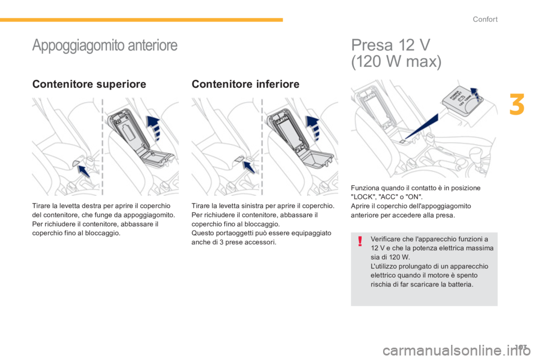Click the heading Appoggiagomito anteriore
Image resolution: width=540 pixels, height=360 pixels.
point(105,46)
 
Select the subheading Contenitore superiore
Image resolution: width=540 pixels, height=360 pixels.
point(89,84)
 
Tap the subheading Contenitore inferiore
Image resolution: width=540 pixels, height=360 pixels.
point(246,84)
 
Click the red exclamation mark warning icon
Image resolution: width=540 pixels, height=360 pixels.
point(360,241)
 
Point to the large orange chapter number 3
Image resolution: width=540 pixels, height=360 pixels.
point(516,105)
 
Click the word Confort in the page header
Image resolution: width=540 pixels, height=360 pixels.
point(485,19)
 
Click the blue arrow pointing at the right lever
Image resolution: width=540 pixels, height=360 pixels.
point(84,171)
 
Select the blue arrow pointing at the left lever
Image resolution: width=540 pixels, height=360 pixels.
point(249,167)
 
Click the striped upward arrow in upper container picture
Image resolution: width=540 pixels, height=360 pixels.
point(154,128)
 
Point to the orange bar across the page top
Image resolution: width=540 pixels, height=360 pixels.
point(142,20)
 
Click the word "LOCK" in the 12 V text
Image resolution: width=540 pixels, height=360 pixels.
point(362,197)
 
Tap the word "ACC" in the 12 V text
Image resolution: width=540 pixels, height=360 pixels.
point(387,197)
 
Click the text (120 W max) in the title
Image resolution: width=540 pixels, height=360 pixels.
point(396,62)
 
